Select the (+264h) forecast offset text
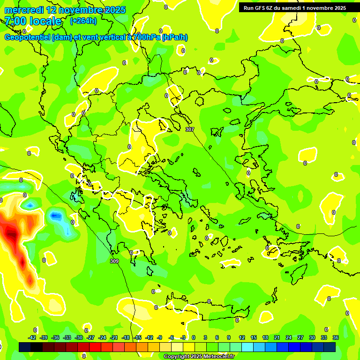point(84,21)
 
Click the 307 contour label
point(189,129)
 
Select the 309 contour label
point(114,261)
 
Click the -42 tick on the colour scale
point(32,337)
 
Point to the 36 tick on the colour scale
point(335,337)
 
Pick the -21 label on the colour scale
point(114,337)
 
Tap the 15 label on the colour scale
point(254,337)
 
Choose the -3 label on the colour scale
point(183,337)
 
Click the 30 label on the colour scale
point(312,337)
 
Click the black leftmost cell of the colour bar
point(25,347)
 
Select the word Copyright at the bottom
point(177,357)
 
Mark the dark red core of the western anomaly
point(10,232)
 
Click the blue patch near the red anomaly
point(56,216)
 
